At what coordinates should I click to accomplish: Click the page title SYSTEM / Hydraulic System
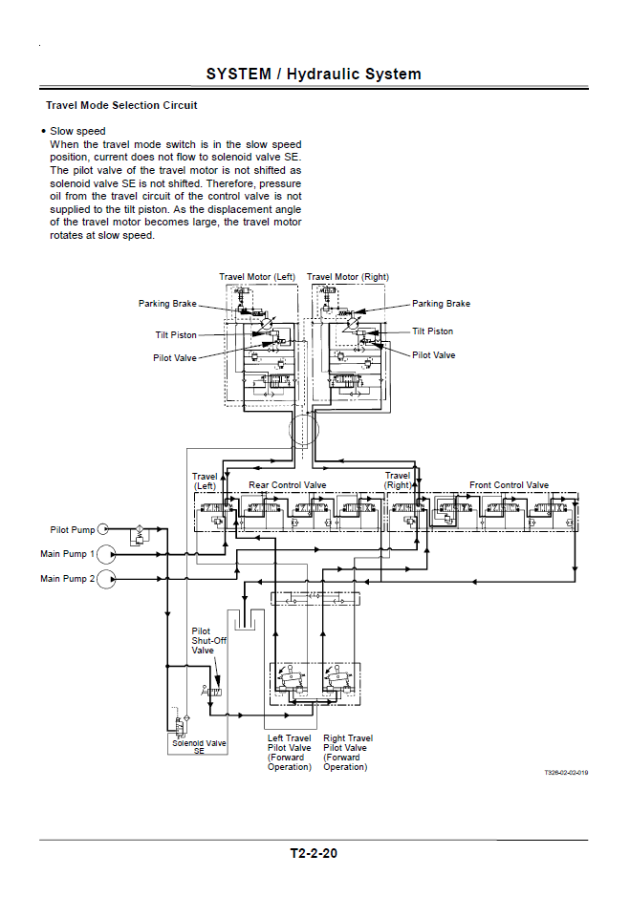314,74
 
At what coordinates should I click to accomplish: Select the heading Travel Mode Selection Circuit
121,105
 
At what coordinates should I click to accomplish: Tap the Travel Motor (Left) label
257,277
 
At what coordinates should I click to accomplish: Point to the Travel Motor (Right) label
347,277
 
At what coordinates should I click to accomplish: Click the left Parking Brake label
167,304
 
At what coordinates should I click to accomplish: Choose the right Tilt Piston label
432,331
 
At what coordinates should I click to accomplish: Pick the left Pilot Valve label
175,358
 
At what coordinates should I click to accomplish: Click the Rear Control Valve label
287,485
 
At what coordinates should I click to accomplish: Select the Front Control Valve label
509,485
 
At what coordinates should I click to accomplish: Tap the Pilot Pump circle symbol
103,528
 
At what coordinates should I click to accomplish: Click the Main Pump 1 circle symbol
106,553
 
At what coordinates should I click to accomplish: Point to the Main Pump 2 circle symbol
106,578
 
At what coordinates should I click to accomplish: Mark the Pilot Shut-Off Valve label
204,641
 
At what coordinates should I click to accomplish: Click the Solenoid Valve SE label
199,747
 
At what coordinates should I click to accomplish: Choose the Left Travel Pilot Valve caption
289,752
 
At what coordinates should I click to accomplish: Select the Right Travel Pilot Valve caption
347,752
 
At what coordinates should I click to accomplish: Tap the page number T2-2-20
314,853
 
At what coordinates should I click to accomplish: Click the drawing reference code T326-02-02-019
566,772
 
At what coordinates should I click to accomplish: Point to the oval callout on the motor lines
304,431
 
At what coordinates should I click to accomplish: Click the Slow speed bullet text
77,131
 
